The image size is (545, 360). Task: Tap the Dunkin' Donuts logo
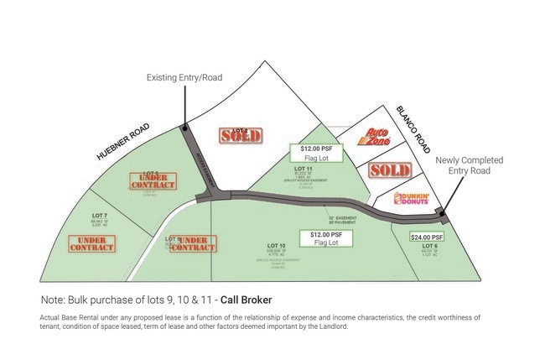coord(412,199)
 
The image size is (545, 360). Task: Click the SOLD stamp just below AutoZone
coord(389,170)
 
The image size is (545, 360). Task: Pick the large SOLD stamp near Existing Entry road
coord(241,134)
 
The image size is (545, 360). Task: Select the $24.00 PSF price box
coord(426,237)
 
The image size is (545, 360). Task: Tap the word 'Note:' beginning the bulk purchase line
coord(53,300)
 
